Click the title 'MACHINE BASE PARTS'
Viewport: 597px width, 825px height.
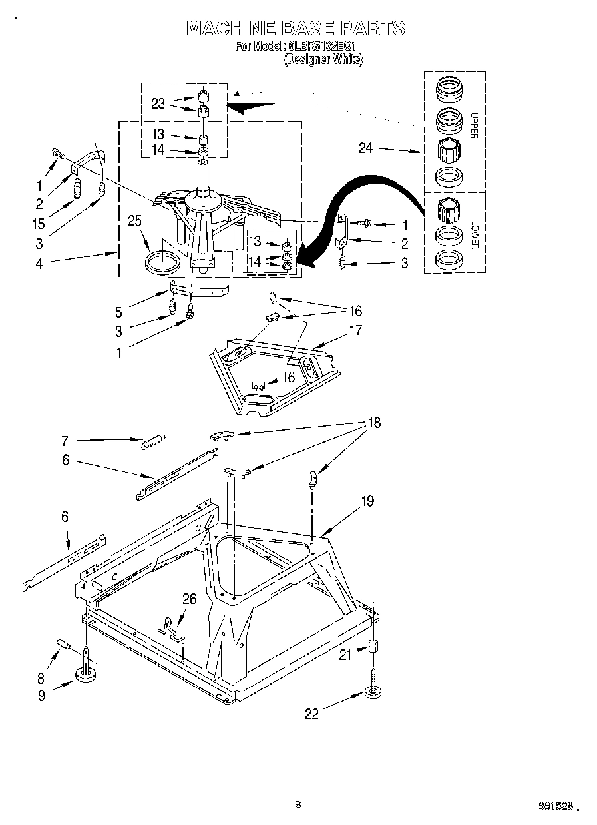point(296,28)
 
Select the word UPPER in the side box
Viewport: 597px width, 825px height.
point(474,125)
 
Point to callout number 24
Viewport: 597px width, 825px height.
point(365,148)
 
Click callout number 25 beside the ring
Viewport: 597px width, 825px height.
point(135,221)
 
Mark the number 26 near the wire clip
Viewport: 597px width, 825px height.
point(189,599)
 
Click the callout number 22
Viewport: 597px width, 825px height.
point(311,714)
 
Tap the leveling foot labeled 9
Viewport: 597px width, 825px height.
point(86,675)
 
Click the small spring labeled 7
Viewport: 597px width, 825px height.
point(154,441)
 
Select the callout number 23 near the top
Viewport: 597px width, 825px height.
point(158,103)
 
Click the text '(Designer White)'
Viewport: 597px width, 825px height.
point(323,59)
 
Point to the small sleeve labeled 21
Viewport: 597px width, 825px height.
point(373,647)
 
